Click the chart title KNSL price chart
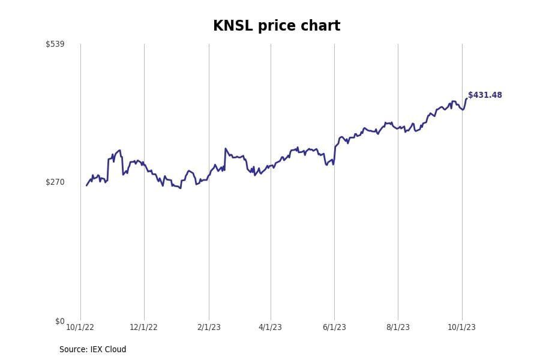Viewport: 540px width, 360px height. pyautogui.click(x=277, y=26)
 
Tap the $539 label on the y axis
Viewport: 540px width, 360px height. pyautogui.click(x=55, y=44)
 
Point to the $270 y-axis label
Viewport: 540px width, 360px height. pyautogui.click(x=55, y=182)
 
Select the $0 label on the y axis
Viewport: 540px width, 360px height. pyautogui.click(x=59, y=322)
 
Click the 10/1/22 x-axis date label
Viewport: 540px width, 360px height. pyautogui.click(x=80, y=328)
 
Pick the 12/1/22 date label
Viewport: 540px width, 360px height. pyautogui.click(x=143, y=328)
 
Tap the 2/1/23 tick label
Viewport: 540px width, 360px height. pyautogui.click(x=209, y=328)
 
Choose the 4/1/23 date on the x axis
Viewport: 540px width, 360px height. pyautogui.click(x=270, y=328)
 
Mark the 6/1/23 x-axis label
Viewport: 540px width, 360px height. pyautogui.click(x=334, y=328)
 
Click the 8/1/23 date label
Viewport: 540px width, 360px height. pyautogui.click(x=398, y=328)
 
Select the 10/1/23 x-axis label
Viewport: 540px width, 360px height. pyautogui.click(x=461, y=328)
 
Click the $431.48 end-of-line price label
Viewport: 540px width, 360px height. pyautogui.click(x=485, y=95)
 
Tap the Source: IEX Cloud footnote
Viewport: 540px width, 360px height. pyautogui.click(x=92, y=350)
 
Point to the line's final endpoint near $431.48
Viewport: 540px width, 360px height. pyautogui.click(x=466, y=99)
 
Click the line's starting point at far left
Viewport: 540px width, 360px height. pyautogui.click(x=86, y=185)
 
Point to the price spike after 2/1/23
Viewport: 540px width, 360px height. pyautogui.click(x=226, y=149)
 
